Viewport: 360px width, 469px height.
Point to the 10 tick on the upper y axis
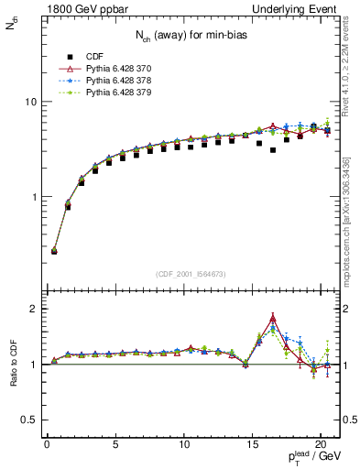29,102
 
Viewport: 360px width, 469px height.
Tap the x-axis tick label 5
115,446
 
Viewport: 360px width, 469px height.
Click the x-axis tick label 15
252,446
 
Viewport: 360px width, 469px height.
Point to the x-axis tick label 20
320,446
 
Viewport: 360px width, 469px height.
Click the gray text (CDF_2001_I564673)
191,274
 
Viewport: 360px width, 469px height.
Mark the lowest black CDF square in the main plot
54,250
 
